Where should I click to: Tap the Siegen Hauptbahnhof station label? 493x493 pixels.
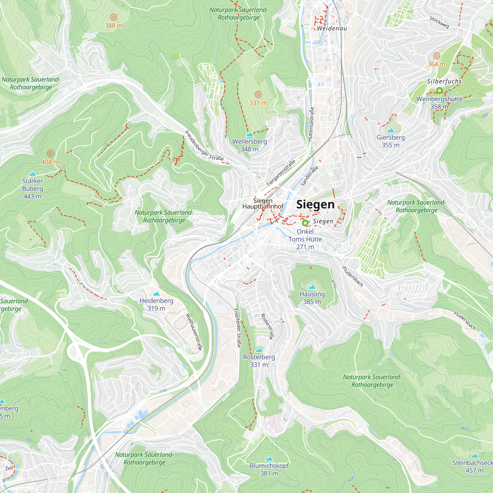[x=263, y=204]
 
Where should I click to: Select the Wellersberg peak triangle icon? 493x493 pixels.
[x=249, y=135]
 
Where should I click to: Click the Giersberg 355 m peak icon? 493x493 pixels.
[x=390, y=131]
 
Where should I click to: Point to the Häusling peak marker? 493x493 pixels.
[x=312, y=287]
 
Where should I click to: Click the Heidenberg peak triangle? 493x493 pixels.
[x=156, y=294]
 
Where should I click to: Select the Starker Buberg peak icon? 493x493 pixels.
[x=32, y=174]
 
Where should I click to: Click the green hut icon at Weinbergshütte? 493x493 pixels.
[x=439, y=90]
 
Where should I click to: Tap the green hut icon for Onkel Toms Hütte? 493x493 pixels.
[x=305, y=223]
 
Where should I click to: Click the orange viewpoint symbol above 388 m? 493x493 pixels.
[x=114, y=17]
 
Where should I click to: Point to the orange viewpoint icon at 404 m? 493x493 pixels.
[x=50, y=154]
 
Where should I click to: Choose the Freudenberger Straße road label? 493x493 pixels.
[x=204, y=146]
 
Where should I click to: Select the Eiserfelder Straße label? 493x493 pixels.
[x=238, y=328]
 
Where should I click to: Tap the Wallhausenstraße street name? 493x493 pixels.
[x=194, y=332]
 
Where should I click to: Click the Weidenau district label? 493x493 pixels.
[x=332, y=28]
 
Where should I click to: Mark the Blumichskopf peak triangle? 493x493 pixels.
[x=269, y=459]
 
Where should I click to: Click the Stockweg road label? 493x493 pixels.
[x=439, y=22]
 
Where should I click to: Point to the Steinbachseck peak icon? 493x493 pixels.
[x=474, y=456]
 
